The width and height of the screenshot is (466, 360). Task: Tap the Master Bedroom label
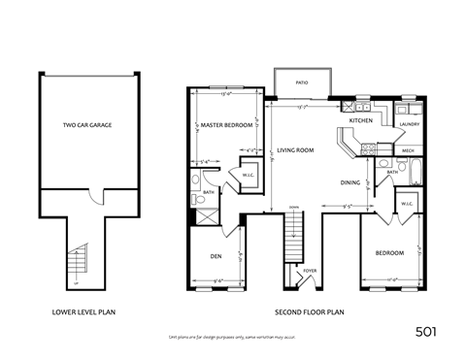226,125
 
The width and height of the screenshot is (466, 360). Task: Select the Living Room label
294,150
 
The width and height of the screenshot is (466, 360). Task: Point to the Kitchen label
361,120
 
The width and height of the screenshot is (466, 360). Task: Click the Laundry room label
409,124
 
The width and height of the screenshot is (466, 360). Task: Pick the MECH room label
408,150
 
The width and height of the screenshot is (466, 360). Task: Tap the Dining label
351,181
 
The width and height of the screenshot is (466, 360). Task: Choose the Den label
216,256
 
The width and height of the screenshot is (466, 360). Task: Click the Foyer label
310,271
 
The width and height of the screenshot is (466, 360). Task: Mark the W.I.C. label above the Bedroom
406,204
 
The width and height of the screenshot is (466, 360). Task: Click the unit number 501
424,331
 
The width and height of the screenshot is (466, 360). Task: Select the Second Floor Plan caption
308,313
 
